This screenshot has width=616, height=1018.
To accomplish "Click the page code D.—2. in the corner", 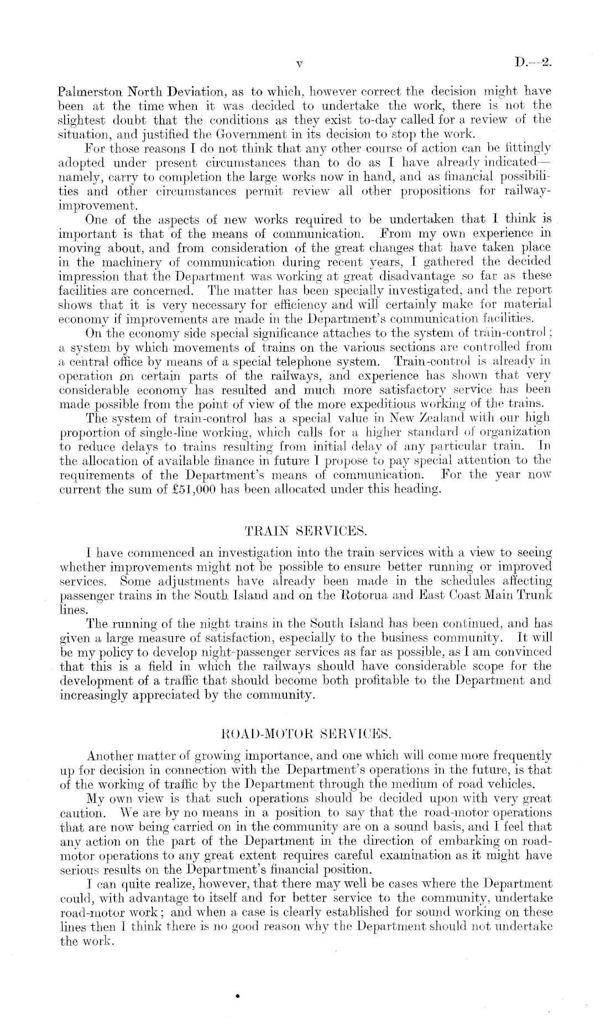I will pos(533,62).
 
